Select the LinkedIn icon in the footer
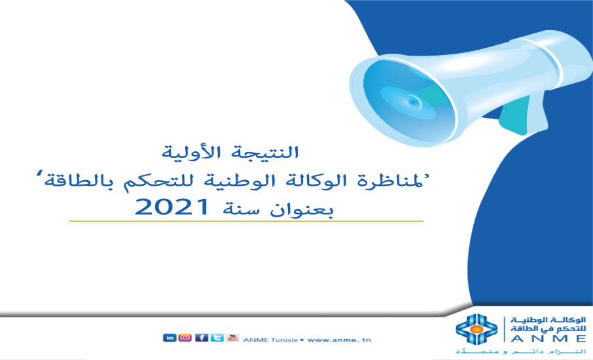(x=169, y=338)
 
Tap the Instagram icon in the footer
(x=185, y=338)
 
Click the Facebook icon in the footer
(x=202, y=338)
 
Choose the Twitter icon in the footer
(x=217, y=338)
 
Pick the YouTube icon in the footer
(x=232, y=338)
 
